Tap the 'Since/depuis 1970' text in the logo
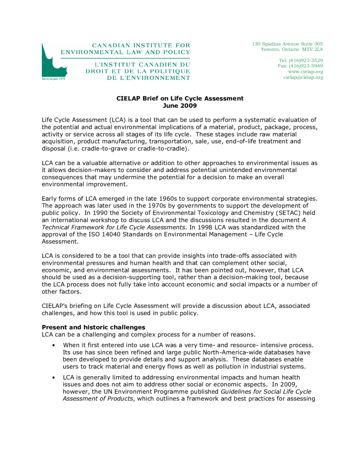point(51,79)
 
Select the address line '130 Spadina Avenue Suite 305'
point(287,44)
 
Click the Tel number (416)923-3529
point(306,61)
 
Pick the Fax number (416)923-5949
point(306,66)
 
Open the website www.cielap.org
point(305,71)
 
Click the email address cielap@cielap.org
point(303,77)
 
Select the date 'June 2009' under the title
point(180,106)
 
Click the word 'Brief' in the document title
point(148,98)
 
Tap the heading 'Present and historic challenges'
point(93,327)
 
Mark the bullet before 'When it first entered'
point(54,345)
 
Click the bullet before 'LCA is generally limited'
point(54,378)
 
